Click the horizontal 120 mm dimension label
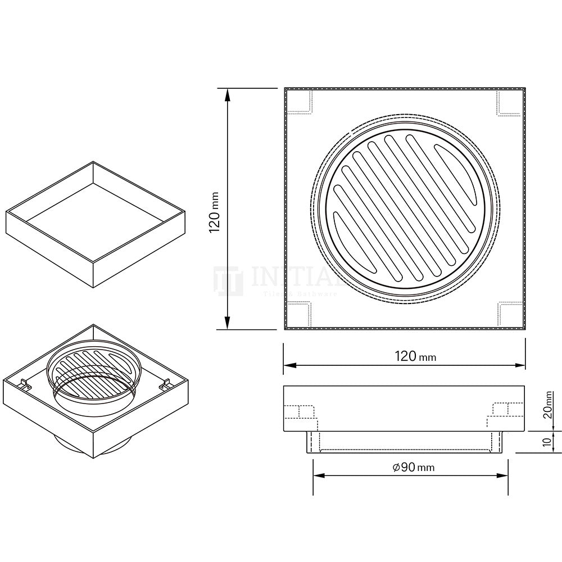click(x=415, y=356)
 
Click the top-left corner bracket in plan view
click(x=300, y=103)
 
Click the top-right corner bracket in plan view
click(x=508, y=103)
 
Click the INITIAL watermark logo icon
click(x=228, y=281)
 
